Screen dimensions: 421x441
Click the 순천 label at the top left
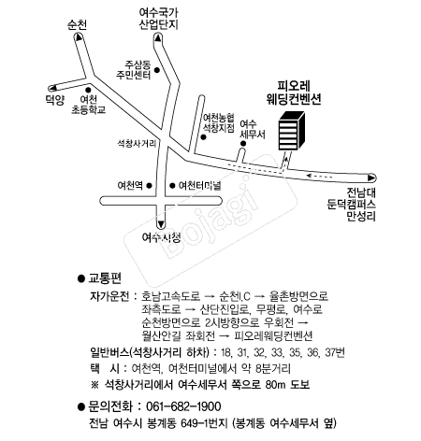(77, 25)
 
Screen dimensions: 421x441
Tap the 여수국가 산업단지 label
(158, 19)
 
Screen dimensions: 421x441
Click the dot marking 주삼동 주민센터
(157, 70)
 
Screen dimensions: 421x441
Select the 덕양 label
(55, 100)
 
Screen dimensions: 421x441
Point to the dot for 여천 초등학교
(88, 90)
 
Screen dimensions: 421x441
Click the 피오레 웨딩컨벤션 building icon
(292, 131)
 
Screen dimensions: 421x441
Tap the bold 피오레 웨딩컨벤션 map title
(294, 92)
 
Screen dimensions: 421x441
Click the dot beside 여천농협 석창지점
(203, 137)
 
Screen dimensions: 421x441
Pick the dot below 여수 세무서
(243, 144)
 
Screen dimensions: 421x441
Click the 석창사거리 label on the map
(137, 144)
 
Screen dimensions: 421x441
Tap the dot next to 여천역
(149, 186)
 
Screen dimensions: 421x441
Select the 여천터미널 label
(199, 186)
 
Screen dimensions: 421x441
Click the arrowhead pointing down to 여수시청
(161, 224)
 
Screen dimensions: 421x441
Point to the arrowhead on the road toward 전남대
(371, 178)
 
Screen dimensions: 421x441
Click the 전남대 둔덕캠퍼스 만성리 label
(352, 205)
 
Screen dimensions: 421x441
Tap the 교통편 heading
(105, 278)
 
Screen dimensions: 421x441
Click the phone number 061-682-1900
(183, 406)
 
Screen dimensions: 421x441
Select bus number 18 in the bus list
(225, 353)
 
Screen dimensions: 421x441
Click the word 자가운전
(109, 296)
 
